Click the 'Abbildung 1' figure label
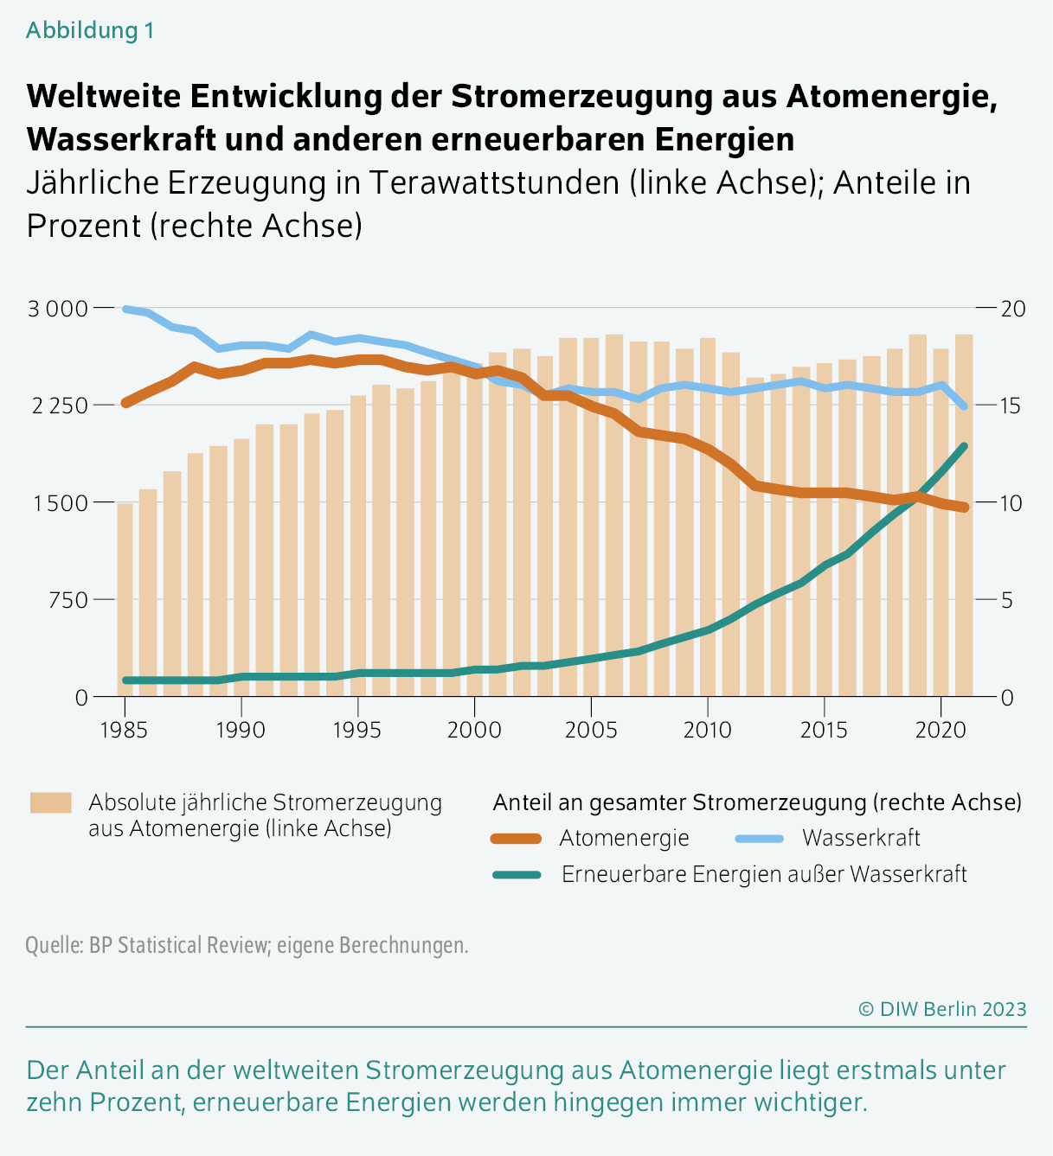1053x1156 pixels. point(90,30)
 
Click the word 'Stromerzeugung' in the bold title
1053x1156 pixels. point(581,96)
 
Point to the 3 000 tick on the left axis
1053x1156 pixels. point(58,309)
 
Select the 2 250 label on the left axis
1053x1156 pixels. point(60,406)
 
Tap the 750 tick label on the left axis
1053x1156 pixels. point(67,600)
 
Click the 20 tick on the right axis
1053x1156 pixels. point(1013,309)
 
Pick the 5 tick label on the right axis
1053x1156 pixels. point(1007,600)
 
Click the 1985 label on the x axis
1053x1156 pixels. point(124,730)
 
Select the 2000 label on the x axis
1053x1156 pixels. point(474,730)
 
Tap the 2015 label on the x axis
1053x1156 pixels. point(824,730)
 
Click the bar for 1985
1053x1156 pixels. point(125,600)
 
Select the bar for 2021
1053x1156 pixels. point(964,515)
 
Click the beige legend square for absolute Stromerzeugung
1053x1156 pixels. point(51,802)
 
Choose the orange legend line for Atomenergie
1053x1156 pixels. point(517,839)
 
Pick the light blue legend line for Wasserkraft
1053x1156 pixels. point(760,839)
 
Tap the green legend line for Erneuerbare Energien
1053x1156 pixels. point(517,875)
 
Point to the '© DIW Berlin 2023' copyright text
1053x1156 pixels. point(942,1009)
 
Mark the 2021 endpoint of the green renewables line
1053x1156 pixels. point(964,446)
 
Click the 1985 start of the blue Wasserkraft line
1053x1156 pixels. point(125,309)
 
